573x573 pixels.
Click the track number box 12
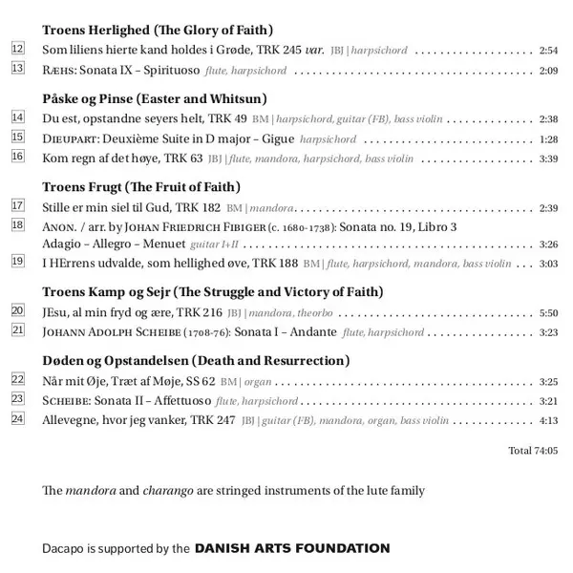coord(18,49)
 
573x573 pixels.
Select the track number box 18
coord(18,225)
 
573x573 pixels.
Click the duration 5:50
coord(548,312)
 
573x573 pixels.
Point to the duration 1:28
coord(548,139)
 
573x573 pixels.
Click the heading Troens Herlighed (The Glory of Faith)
coord(158,30)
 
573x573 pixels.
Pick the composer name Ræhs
coord(58,70)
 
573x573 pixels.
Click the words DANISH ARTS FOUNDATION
coord(292,548)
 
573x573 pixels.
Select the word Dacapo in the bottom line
coord(64,548)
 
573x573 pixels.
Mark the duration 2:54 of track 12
coord(548,50)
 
